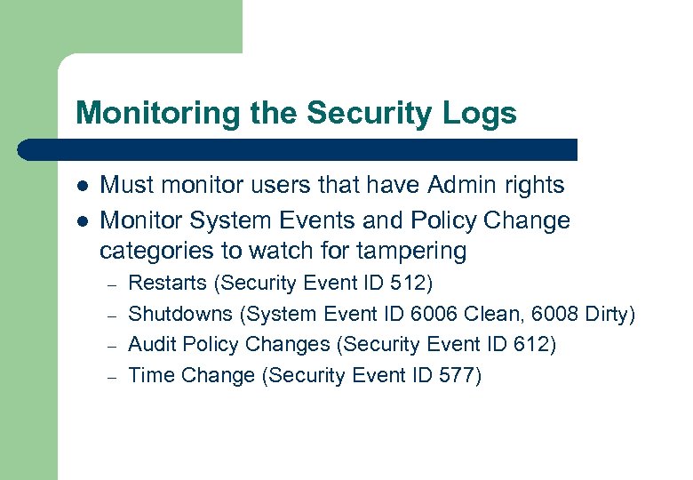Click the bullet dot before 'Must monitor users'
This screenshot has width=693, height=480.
click(x=82, y=186)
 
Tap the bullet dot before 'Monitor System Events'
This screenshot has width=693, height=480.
click(x=82, y=219)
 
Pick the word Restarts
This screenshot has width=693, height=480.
click(x=169, y=284)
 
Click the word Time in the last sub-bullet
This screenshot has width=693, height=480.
click(x=151, y=375)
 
